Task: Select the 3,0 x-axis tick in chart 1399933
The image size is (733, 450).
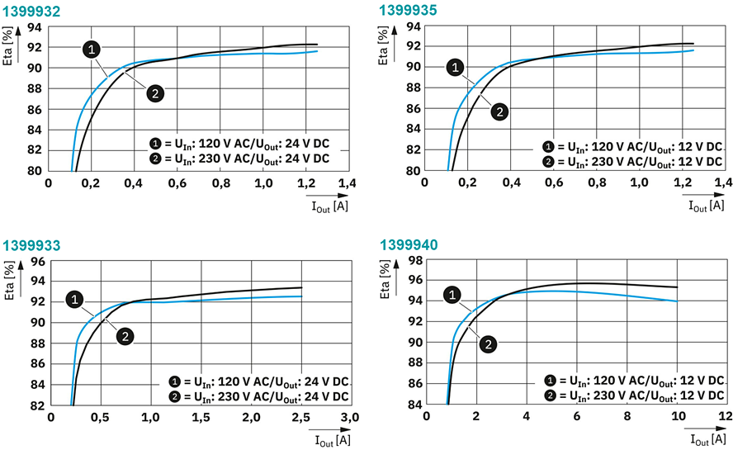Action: (x=350, y=419)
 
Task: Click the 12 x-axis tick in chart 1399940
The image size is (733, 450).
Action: (x=726, y=419)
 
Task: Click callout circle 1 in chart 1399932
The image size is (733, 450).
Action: (x=92, y=50)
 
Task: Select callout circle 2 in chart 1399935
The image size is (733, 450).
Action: (x=498, y=111)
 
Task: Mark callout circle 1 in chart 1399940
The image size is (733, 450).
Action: (x=452, y=294)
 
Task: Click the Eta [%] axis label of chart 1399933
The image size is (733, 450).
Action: (x=11, y=279)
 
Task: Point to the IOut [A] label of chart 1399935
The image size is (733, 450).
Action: (x=706, y=205)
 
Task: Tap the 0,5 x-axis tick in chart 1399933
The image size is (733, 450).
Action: (x=101, y=419)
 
